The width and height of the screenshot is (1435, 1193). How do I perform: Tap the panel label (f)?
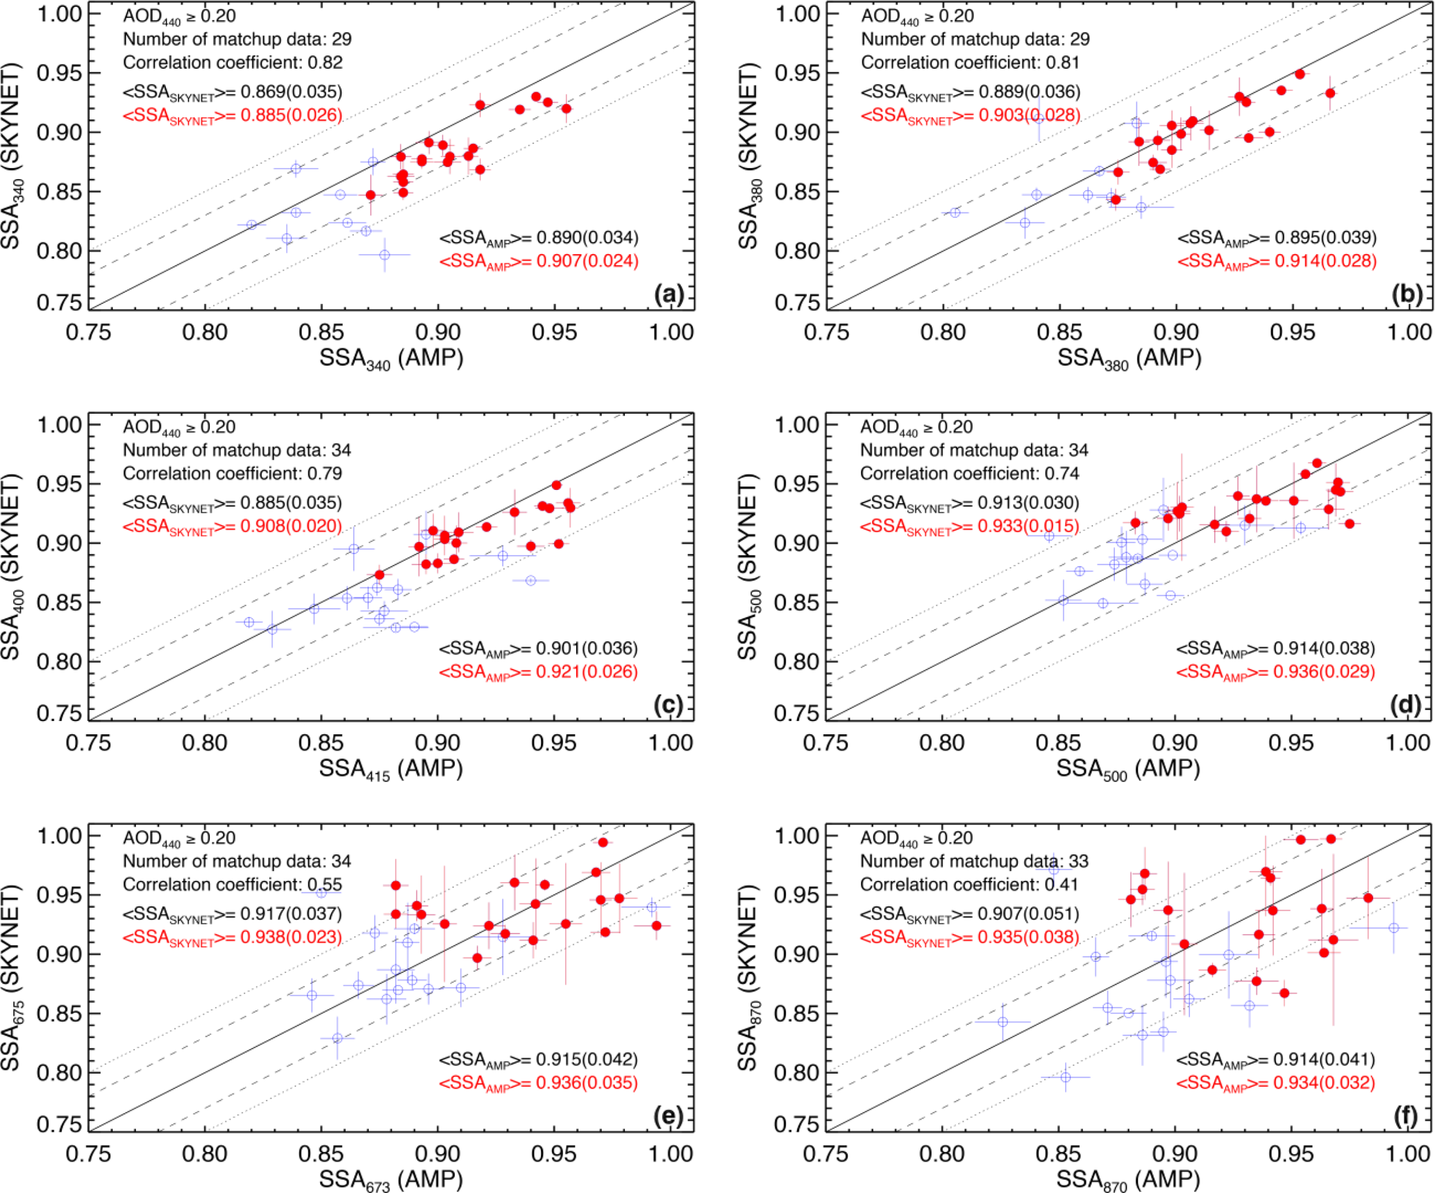1406,1117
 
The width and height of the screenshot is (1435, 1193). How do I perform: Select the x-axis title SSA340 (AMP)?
391,359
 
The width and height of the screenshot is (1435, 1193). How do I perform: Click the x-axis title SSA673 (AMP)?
391,1179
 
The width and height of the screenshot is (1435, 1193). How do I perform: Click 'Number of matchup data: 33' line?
974,861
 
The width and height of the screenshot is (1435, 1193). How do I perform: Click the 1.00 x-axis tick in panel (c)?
671,743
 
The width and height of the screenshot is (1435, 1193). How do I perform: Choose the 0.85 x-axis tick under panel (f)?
1059,1154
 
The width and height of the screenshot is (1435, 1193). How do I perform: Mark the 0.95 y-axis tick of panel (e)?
60,895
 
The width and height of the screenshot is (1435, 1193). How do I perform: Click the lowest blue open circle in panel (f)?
1065,1077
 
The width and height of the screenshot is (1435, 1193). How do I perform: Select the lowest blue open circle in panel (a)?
385,255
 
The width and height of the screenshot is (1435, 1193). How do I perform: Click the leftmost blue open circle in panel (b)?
955,212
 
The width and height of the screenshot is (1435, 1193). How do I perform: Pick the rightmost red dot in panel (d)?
1350,524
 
